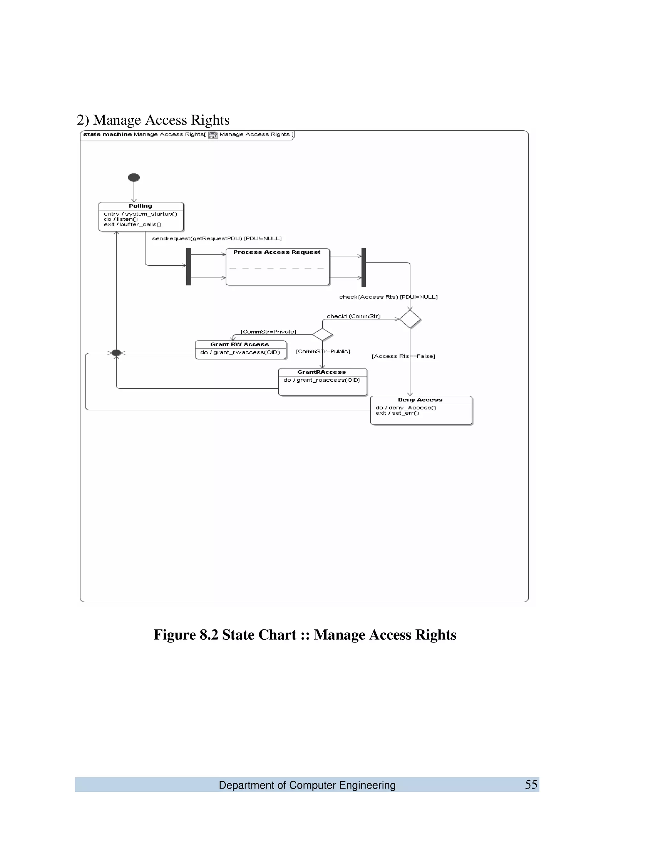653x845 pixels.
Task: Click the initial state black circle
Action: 134,178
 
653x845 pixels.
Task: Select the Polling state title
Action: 140,206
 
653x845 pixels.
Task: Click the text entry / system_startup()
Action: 140,214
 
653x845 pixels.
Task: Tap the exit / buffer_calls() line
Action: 132,224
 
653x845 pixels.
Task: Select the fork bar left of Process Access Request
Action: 189,267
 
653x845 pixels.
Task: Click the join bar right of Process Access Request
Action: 363,267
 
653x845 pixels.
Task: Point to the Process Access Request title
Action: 276,252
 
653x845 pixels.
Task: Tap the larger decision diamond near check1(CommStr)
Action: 410,319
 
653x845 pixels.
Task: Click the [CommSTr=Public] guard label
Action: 323,351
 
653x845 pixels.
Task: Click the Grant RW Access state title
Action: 239,344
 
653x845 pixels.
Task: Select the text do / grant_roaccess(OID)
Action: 322,380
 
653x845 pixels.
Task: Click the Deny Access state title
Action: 420,400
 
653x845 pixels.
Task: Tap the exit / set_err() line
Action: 397,413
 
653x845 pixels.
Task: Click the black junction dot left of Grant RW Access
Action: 116,353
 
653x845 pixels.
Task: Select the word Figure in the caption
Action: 174,635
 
